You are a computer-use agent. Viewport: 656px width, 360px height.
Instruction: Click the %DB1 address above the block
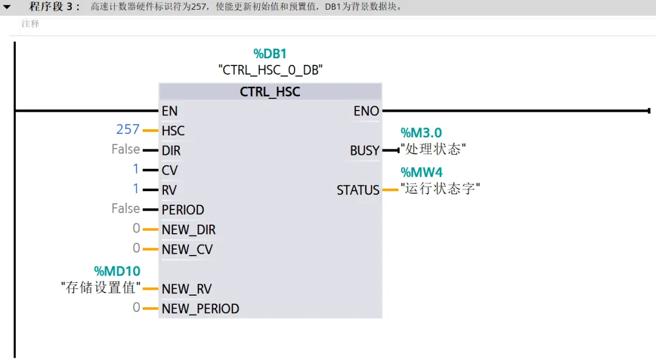(x=270, y=54)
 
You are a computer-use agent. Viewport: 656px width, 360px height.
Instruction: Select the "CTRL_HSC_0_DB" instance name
(x=270, y=70)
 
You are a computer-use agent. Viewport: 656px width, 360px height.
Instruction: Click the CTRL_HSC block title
(x=270, y=92)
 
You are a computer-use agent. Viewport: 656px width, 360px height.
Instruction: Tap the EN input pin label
(x=169, y=111)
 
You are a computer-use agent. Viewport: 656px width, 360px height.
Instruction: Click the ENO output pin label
(x=366, y=111)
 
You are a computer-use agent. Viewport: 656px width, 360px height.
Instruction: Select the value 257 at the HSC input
(x=128, y=130)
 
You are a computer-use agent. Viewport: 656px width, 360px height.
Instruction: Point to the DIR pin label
(x=171, y=151)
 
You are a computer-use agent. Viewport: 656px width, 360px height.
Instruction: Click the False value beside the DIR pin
(x=126, y=149)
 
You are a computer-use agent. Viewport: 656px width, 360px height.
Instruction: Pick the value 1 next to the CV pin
(x=136, y=169)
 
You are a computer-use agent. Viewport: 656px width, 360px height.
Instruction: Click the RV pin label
(x=169, y=190)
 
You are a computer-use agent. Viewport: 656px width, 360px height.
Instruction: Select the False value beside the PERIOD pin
(x=126, y=209)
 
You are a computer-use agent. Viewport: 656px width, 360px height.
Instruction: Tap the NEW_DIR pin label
(x=188, y=230)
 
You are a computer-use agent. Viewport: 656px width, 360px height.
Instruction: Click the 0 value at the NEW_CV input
(x=137, y=248)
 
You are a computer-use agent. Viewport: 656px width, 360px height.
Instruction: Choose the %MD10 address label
(x=117, y=271)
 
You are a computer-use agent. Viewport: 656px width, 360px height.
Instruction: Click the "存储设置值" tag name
(x=101, y=288)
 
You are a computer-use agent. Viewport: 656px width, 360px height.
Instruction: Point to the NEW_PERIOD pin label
(x=200, y=309)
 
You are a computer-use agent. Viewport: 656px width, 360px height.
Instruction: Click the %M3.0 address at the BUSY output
(x=421, y=133)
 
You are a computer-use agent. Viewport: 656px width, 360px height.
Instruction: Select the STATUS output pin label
(x=358, y=191)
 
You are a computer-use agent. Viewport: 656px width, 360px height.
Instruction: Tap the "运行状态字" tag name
(x=440, y=189)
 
